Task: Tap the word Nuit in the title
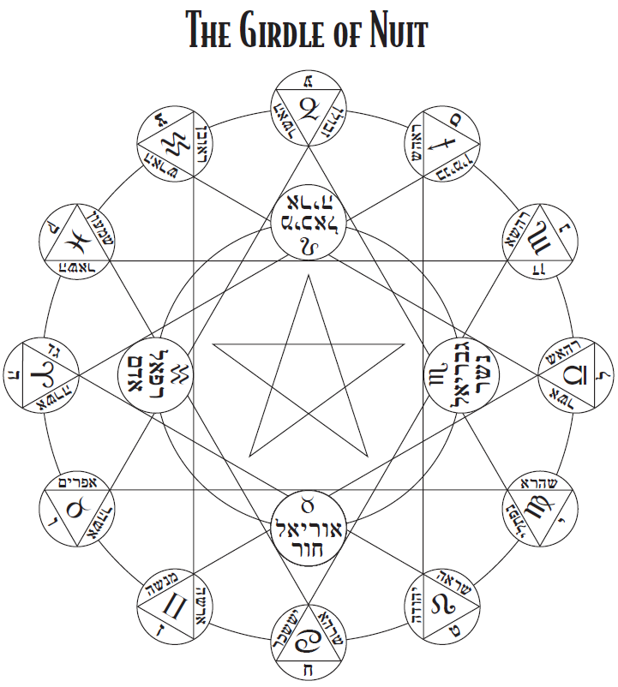[x=393, y=33]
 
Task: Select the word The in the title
[x=207, y=33]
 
